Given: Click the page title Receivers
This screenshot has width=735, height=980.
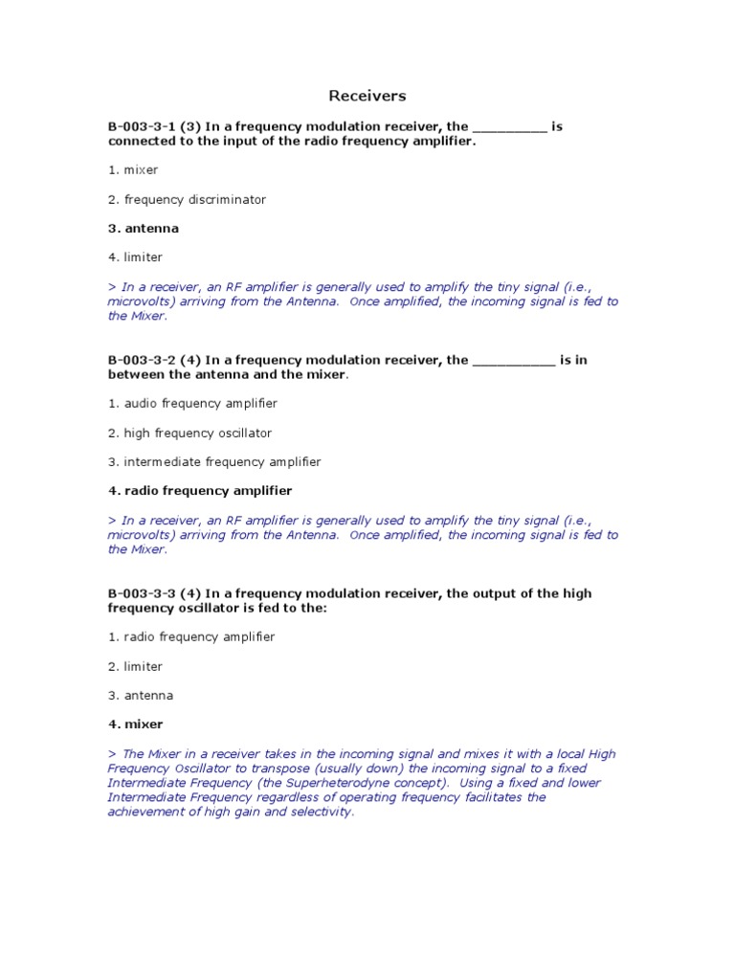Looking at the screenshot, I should click(x=367, y=96).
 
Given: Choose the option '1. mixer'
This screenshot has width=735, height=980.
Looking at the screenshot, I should click(x=133, y=169).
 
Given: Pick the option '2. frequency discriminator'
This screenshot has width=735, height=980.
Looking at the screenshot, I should click(x=187, y=199).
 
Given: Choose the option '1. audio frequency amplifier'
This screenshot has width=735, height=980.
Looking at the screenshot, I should click(x=192, y=404).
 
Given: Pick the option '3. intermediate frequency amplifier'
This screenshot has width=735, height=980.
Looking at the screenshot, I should click(x=214, y=461).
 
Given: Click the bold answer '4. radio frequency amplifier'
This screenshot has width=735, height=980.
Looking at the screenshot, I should click(x=200, y=490).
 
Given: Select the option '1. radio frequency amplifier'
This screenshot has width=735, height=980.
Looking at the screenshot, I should click(x=191, y=636).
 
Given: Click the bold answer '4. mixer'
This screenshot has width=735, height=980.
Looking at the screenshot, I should click(x=136, y=724).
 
